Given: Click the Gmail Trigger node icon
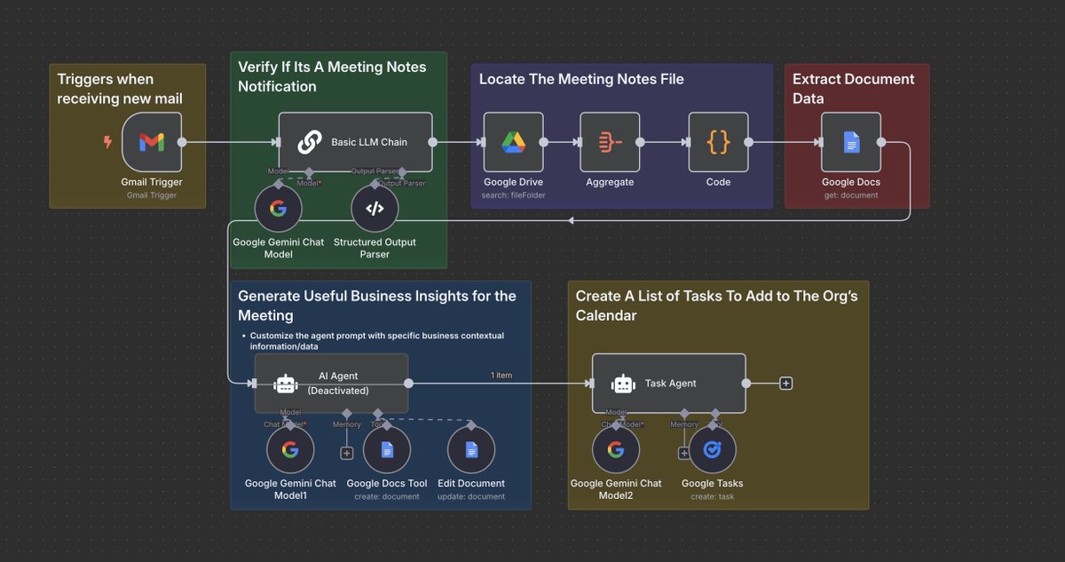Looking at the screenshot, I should (x=152, y=142).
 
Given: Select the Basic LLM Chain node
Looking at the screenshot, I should (x=355, y=142).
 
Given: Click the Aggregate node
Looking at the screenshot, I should (x=610, y=142).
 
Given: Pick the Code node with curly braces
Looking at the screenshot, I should (x=718, y=142).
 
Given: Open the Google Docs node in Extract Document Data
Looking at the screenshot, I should (x=850, y=142).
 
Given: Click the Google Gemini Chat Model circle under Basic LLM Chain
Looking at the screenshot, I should (x=279, y=209).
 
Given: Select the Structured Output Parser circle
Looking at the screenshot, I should (x=375, y=209).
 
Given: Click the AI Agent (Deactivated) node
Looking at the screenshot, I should (x=331, y=384).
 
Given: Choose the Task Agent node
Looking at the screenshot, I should (x=668, y=384).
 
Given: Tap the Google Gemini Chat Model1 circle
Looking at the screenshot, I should (x=290, y=450).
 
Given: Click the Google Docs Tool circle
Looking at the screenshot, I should (x=387, y=450).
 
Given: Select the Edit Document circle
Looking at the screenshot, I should (x=470, y=450).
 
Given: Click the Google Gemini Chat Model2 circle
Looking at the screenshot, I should (x=616, y=450).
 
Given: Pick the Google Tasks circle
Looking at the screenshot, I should (x=713, y=450).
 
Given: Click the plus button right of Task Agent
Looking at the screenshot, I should (x=785, y=384).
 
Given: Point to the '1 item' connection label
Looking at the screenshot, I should (x=501, y=376).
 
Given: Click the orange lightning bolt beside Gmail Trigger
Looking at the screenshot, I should (x=108, y=142).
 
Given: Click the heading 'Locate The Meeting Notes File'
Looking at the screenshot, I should (x=581, y=79).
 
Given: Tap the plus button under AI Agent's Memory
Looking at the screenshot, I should (x=346, y=453).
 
